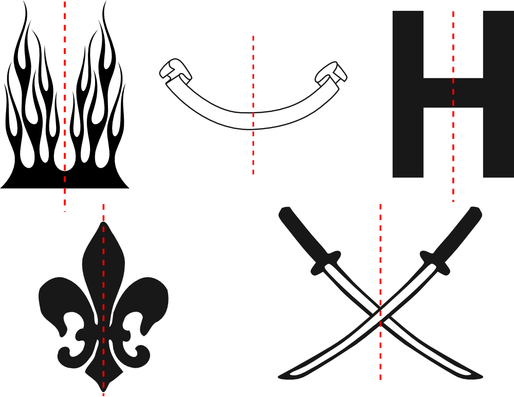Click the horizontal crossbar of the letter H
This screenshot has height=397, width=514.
[453, 93]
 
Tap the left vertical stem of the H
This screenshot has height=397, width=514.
[408, 94]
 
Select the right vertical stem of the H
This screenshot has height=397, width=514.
[499, 94]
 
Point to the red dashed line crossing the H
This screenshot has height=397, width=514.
[453, 106]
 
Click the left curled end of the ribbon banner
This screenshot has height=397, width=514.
[175, 70]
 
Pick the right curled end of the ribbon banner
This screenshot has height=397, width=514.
[331, 73]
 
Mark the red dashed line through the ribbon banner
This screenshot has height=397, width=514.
[253, 105]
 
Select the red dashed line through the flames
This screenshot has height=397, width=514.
[65, 106]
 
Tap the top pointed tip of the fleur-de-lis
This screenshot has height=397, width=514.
[104, 222]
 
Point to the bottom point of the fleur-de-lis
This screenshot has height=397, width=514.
[103, 391]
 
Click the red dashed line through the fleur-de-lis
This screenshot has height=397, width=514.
[103, 300]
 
